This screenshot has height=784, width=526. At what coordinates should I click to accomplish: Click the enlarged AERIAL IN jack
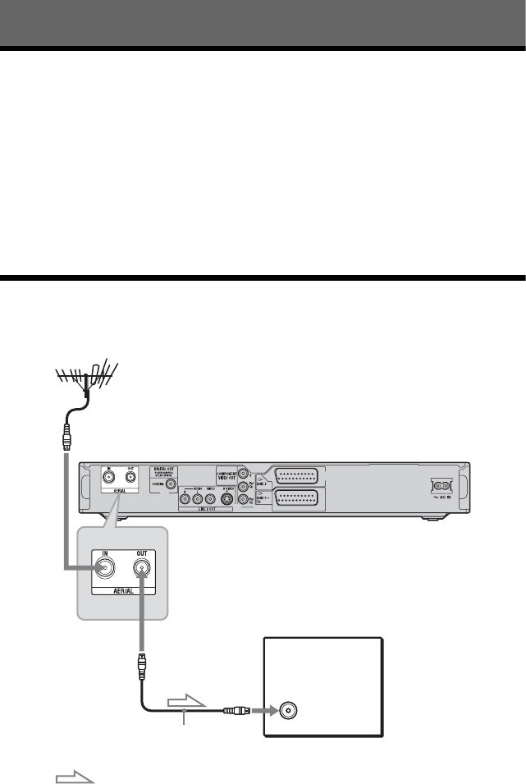coord(103,566)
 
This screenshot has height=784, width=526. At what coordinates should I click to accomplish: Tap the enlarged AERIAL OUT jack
coord(144,566)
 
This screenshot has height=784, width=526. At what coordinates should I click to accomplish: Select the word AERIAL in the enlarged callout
coord(124,589)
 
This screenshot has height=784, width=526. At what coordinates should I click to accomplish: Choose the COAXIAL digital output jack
coord(171,485)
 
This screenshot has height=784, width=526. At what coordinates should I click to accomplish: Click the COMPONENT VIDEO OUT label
coord(226,474)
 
